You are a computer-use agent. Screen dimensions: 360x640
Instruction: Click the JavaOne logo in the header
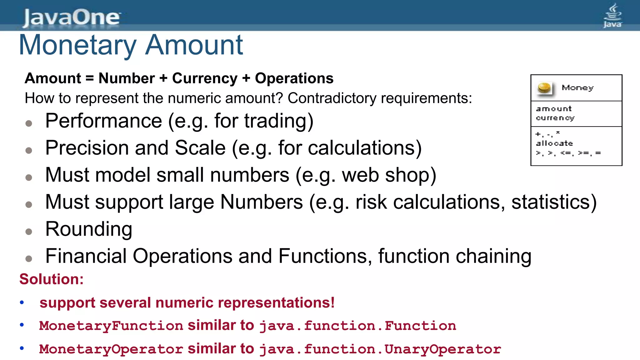pos(72,17)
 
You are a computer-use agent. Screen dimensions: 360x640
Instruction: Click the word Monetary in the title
pos(78,45)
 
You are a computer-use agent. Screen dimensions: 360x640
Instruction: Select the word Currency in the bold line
pos(205,78)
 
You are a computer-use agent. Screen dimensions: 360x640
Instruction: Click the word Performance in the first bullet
pos(104,121)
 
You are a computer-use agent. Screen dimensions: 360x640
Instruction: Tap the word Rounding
pos(89,229)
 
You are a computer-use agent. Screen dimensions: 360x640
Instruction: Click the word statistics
pos(553,202)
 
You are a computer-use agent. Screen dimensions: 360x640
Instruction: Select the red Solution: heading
pos(52,279)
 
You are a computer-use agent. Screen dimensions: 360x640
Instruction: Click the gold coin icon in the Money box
pos(544,88)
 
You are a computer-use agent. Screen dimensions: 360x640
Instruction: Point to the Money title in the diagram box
pos(577,88)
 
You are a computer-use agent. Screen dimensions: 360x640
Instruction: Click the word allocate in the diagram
pos(554,143)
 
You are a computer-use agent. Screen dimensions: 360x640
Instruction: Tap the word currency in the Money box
pos(555,118)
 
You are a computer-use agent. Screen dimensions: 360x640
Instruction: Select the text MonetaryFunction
pos(111,326)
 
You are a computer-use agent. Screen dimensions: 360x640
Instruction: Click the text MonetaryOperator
pos(111,349)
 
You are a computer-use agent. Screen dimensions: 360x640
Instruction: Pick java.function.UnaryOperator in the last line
pos(380,349)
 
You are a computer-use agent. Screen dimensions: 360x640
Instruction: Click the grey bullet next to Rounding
pos(29,232)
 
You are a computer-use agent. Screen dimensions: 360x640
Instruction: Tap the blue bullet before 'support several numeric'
pos(22,302)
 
